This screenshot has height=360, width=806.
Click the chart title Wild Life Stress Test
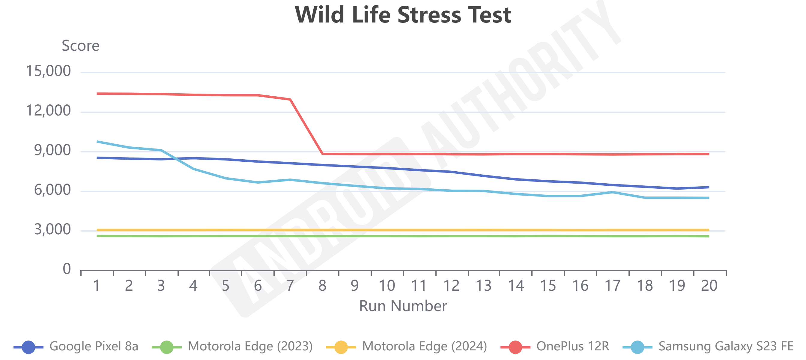[403, 15]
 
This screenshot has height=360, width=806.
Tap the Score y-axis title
[80, 46]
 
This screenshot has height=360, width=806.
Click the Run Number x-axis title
[403, 306]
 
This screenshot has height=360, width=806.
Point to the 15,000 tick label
[48, 71]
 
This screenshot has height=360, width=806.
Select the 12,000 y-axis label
[48, 111]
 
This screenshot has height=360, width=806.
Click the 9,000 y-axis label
[52, 151]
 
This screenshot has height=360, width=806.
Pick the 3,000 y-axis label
[52, 230]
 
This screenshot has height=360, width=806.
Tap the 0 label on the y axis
[67, 269]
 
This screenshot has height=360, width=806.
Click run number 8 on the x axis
[322, 286]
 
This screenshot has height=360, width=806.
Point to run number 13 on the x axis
[483, 286]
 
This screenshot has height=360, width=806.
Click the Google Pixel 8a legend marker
[28, 347]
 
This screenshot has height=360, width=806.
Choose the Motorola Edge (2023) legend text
[250, 346]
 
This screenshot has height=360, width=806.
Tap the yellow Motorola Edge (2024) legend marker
[341, 347]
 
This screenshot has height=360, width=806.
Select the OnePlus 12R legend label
[573, 346]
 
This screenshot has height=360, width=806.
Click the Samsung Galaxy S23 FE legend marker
[637, 347]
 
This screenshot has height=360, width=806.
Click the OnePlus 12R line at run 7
[290, 100]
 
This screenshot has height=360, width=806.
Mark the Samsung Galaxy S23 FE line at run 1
[97, 142]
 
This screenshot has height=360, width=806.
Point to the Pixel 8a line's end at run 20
[709, 187]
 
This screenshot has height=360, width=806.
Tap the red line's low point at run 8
[323, 154]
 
